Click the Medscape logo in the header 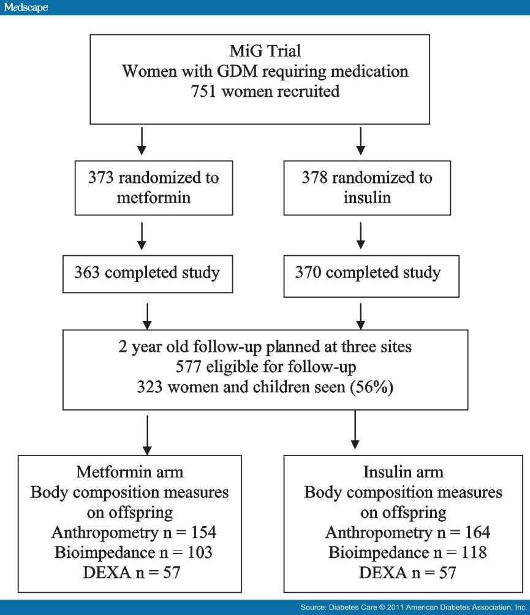point(25,7)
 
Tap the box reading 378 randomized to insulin point(366,188)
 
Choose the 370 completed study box point(366,273)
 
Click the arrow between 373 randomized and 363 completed point(142,233)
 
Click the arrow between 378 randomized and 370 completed point(361,233)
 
